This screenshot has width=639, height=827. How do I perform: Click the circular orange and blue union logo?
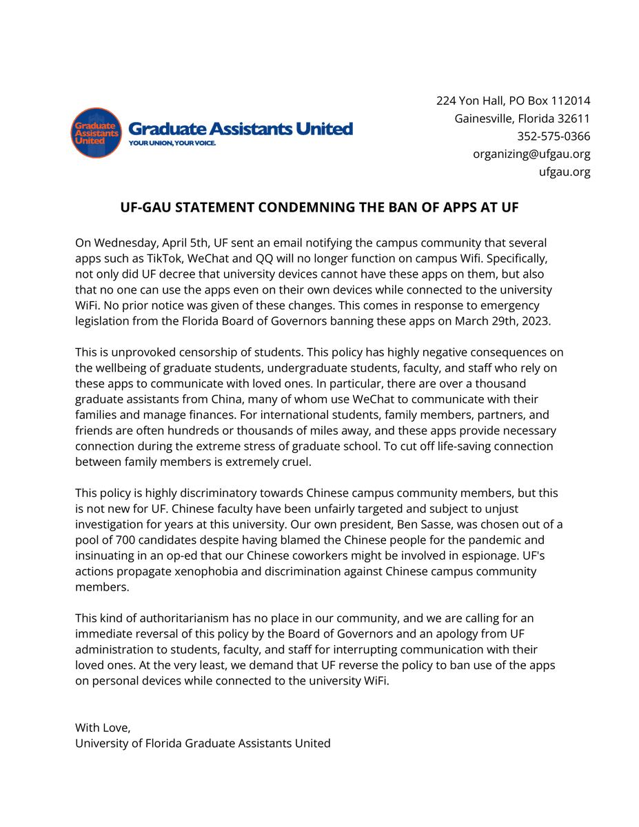(96, 132)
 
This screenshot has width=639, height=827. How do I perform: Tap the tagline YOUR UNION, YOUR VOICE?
(172, 143)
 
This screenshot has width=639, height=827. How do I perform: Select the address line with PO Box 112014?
(513, 101)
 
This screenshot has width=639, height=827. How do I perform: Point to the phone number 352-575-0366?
(554, 136)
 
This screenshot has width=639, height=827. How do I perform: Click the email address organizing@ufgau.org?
(531, 154)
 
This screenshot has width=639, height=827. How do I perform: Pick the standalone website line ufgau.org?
(564, 172)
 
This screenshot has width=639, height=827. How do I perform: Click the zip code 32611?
(574, 119)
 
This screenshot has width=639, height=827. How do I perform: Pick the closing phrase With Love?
(102, 728)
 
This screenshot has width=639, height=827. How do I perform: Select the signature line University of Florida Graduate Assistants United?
(203, 744)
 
